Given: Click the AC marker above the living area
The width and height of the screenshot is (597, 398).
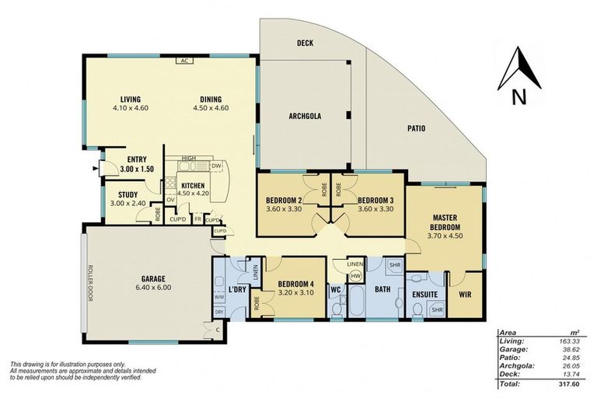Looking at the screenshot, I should (x=184, y=60).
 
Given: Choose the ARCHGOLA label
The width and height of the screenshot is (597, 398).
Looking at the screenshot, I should (x=305, y=117).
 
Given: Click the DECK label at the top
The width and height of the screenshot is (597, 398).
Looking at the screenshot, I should (x=305, y=44).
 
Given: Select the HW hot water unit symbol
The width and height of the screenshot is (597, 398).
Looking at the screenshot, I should (x=355, y=276).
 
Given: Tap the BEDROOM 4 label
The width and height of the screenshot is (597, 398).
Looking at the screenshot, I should (x=295, y=283).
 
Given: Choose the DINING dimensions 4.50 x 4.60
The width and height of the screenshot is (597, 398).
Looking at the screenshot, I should (x=210, y=108).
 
